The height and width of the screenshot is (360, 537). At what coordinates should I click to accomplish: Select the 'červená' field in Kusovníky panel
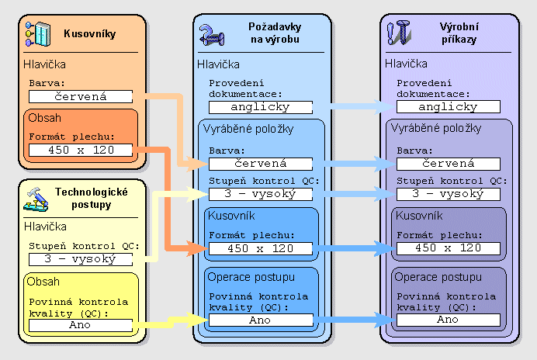click(81, 97)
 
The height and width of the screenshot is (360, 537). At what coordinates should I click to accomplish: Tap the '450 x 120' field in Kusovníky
click(81, 150)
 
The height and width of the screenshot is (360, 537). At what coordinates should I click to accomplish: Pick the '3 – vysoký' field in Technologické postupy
click(81, 260)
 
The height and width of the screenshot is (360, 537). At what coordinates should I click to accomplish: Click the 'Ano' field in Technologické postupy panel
click(81, 325)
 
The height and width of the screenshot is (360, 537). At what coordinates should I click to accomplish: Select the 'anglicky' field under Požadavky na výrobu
click(261, 108)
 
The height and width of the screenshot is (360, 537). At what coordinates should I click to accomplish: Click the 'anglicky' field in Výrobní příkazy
click(449, 108)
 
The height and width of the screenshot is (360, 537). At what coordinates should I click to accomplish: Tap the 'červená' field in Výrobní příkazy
click(449, 164)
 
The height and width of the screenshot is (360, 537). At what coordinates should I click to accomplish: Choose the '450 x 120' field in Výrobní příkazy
click(449, 249)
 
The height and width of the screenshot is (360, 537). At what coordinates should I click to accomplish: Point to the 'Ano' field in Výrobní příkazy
click(449, 320)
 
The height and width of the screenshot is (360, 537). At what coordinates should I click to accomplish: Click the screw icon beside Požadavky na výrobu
click(210, 34)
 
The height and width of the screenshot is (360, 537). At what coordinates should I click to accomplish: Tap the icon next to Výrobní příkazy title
click(398, 34)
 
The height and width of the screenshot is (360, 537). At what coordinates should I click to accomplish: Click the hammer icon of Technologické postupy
click(35, 199)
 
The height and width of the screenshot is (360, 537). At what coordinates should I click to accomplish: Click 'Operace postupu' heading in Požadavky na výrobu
click(248, 277)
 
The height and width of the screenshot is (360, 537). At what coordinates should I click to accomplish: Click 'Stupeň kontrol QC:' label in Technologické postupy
click(83, 247)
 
